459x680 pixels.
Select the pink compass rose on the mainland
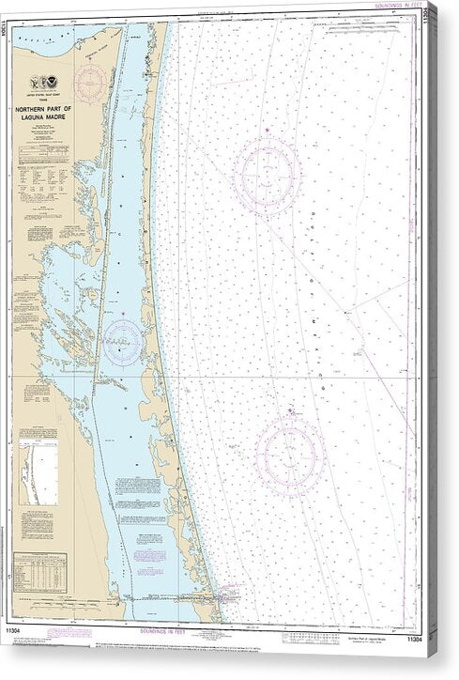tap(91, 78)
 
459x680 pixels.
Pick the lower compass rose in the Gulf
tap(290, 456)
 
